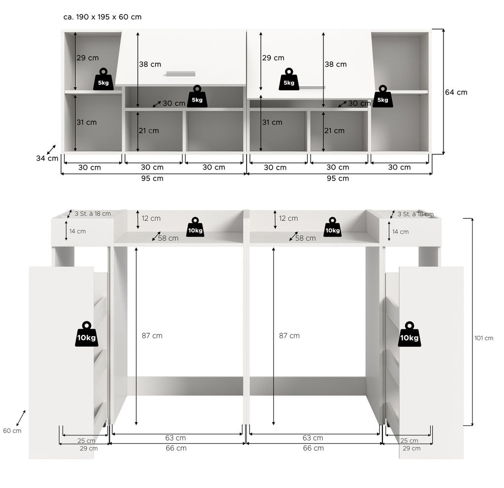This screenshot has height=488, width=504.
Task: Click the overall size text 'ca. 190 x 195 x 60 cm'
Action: pyautogui.click(x=102, y=17)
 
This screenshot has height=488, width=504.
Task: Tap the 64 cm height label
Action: pyautogui.click(x=456, y=92)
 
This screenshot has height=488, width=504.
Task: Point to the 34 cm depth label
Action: pyautogui.click(x=47, y=158)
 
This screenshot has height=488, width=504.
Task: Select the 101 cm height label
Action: pyautogui.click(x=484, y=338)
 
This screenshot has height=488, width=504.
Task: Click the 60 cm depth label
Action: pyautogui.click(x=12, y=431)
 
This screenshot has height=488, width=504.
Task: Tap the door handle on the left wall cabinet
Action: pyautogui.click(x=181, y=74)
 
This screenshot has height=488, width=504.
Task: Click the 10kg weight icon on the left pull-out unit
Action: pyautogui.click(x=87, y=334)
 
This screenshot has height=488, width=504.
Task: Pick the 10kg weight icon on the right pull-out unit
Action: pyautogui.click(x=409, y=334)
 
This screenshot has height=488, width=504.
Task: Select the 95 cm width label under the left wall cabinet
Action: pyautogui.click(x=153, y=178)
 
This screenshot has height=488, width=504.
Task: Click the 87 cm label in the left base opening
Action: pyautogui.click(x=152, y=335)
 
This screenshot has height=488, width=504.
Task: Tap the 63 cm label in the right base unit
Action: pyautogui.click(x=313, y=438)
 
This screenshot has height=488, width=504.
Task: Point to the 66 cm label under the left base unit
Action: pyautogui.click(x=176, y=448)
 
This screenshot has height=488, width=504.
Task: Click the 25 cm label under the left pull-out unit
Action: pyautogui.click(x=86, y=441)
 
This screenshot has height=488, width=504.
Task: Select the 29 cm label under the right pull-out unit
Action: pyautogui.click(x=411, y=449)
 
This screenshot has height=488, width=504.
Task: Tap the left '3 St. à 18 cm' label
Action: pyautogui.click(x=93, y=213)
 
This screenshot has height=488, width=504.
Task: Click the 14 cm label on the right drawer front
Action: pyautogui.click(x=400, y=232)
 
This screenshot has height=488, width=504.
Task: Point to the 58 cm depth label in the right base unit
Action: pyautogui.click(x=305, y=238)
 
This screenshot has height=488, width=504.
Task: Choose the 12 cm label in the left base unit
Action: pyautogui.click(x=151, y=218)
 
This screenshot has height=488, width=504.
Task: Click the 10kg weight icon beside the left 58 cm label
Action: pyautogui.click(x=195, y=227)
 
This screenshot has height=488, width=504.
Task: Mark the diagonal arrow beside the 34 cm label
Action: pyautogui.click(x=51, y=149)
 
